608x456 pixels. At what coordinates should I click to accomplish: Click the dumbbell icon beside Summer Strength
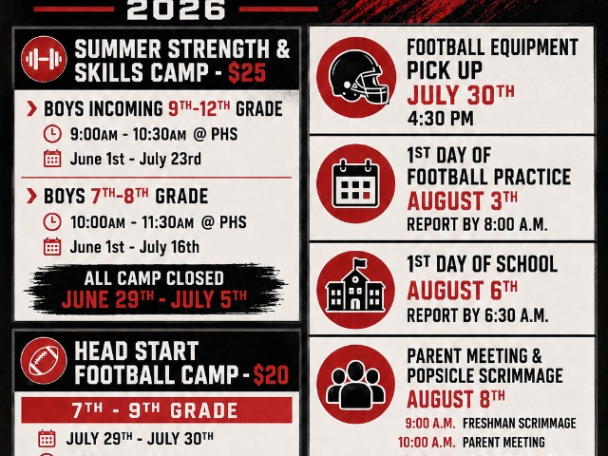[x=44, y=59]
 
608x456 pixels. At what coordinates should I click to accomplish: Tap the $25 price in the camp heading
[x=247, y=72]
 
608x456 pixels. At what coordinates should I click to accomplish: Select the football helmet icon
[x=356, y=78]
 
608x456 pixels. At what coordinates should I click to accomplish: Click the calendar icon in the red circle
[x=356, y=183]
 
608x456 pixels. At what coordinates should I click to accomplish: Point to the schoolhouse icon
[x=355, y=289]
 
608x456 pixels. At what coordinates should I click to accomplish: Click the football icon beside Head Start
[x=44, y=361]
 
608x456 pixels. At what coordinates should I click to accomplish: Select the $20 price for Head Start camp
[x=271, y=374]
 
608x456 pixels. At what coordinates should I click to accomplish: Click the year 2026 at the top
[x=176, y=9]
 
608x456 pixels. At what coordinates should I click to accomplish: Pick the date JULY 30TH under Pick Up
[x=461, y=94]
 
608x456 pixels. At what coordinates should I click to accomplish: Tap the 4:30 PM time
[x=440, y=119]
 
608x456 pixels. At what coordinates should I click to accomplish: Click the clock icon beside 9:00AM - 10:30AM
[x=52, y=134]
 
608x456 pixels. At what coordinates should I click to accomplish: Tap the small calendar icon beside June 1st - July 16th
[x=52, y=247]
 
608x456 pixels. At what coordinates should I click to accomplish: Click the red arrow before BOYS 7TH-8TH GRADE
[x=31, y=197]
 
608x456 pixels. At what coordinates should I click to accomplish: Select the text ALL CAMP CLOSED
[x=154, y=278]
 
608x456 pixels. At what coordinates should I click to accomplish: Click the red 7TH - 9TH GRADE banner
[x=157, y=409]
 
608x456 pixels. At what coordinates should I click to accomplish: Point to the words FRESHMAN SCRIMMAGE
[x=520, y=423]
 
